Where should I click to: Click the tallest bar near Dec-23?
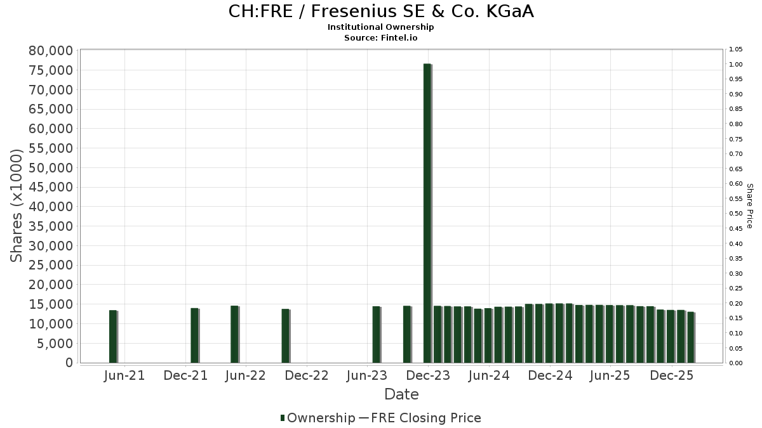pos(427,213)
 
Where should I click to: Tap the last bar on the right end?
pos(690,337)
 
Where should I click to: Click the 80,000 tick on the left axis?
pos(51,51)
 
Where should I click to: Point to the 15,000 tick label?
pos(51,304)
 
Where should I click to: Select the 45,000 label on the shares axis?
pos(51,187)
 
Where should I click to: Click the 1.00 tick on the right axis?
pos(736,65)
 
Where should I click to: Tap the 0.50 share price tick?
pos(736,214)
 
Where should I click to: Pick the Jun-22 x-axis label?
pos(245,375)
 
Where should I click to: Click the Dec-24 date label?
pos(550,375)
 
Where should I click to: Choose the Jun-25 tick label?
pos(610,375)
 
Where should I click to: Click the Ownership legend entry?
pos(317,418)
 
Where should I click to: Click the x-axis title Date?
pos(401,394)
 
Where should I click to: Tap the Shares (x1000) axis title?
pos(17,205)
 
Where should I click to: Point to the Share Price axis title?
pos(750,205)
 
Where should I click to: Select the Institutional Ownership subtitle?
pos(381,27)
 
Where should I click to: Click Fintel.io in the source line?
pos(399,37)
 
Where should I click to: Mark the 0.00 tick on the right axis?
pos(736,363)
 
